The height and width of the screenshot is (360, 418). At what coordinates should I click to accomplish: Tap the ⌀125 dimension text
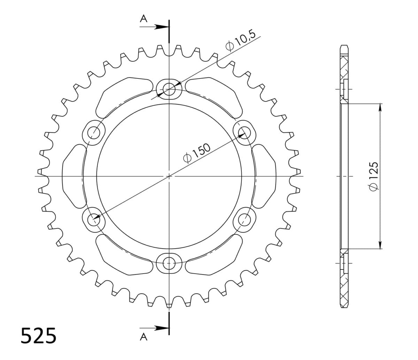373,176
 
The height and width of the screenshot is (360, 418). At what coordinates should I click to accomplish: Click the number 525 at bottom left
38,336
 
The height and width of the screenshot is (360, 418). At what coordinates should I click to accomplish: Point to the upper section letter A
144,19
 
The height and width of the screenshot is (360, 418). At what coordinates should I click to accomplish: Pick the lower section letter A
144,337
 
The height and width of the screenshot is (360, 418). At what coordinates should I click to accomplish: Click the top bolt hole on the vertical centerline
169,89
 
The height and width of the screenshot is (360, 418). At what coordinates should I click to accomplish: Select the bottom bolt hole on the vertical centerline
169,263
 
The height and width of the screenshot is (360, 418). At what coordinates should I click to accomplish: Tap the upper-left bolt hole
94,133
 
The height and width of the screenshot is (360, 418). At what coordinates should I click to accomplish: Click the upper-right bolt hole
245,133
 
